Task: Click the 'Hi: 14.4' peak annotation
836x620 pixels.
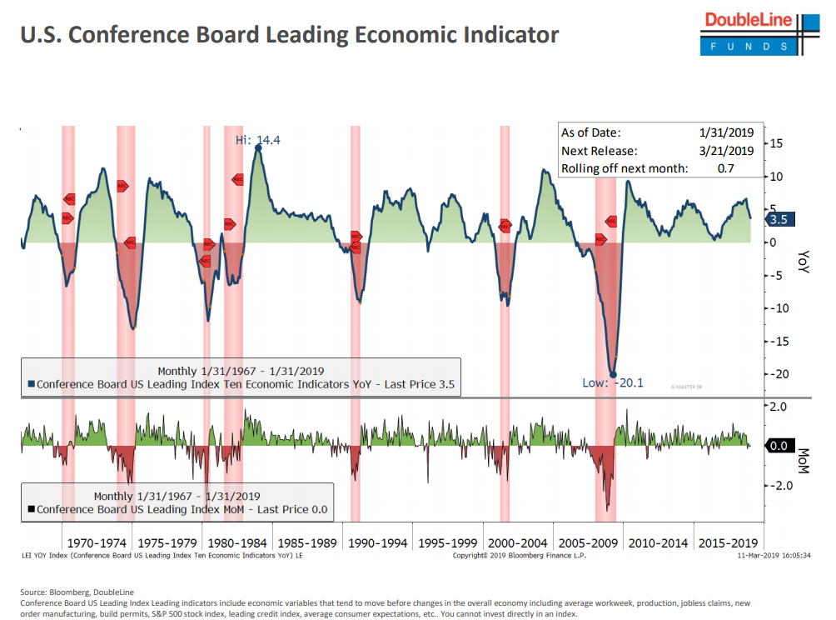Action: (258, 140)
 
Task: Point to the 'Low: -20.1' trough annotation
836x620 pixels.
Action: (613, 383)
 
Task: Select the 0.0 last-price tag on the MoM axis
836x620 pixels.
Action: (779, 446)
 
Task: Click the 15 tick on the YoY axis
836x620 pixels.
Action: (776, 143)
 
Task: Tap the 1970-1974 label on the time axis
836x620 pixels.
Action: (97, 542)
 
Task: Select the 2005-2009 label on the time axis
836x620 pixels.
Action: (587, 542)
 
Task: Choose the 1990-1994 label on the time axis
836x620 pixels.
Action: (378, 542)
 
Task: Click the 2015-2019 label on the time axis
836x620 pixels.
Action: (729, 542)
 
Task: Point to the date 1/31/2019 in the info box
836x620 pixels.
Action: (726, 132)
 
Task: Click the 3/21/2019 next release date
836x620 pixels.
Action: (726, 151)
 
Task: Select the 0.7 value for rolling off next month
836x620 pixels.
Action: (726, 168)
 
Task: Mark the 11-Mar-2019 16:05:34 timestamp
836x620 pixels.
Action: (775, 555)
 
